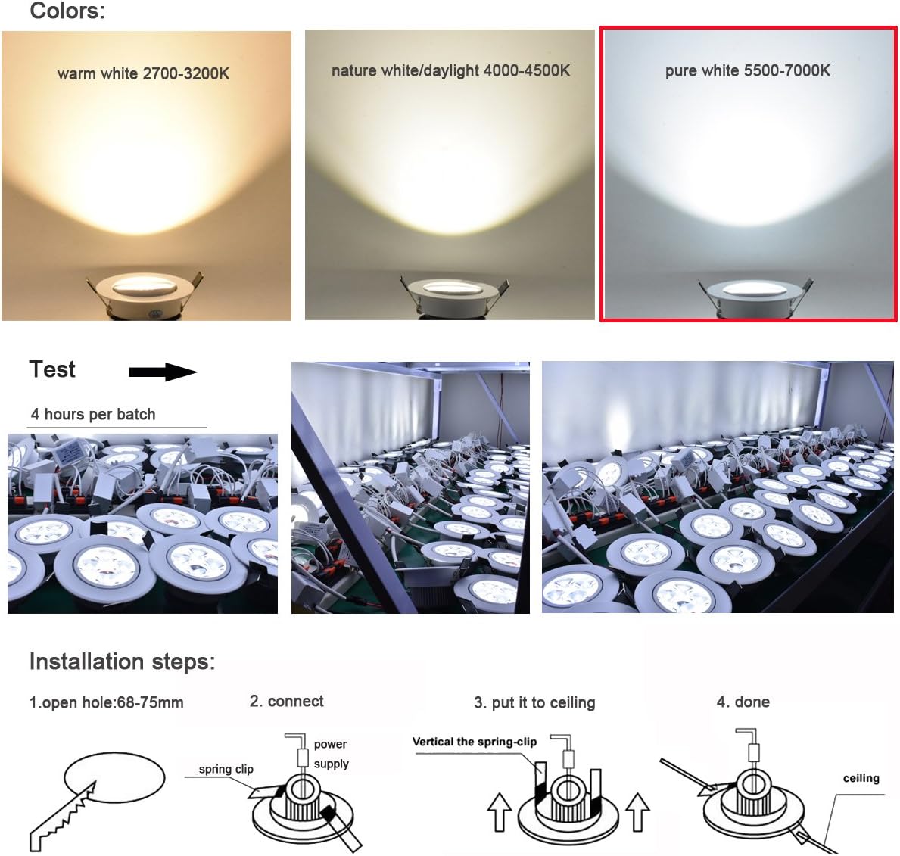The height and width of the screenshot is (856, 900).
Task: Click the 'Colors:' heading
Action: coord(67,11)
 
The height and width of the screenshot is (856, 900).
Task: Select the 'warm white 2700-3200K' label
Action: coord(143,73)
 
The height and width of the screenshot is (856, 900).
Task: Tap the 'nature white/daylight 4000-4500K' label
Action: coord(450,70)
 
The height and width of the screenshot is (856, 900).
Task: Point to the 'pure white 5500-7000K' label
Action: coord(747,70)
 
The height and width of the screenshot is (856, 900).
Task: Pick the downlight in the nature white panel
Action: coord(450,295)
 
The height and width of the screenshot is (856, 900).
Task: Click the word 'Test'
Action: coord(52,369)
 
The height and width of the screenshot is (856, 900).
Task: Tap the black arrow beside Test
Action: coord(163,372)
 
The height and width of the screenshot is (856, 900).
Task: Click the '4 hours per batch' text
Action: coord(93,414)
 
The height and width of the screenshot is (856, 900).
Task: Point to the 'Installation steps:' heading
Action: coord(122,661)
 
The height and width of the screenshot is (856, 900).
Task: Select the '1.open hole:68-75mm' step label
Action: coord(106,702)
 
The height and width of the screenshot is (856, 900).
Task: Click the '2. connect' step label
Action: coord(286,702)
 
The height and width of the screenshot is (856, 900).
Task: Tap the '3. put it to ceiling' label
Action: coord(534,702)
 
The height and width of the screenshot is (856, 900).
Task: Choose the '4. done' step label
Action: coord(743,702)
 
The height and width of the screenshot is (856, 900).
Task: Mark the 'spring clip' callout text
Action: coord(226,769)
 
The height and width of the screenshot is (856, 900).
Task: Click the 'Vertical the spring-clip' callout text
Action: coord(474,742)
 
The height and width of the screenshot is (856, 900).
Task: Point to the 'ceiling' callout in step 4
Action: coord(861,778)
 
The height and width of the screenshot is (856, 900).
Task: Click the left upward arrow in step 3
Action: coord(500,812)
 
